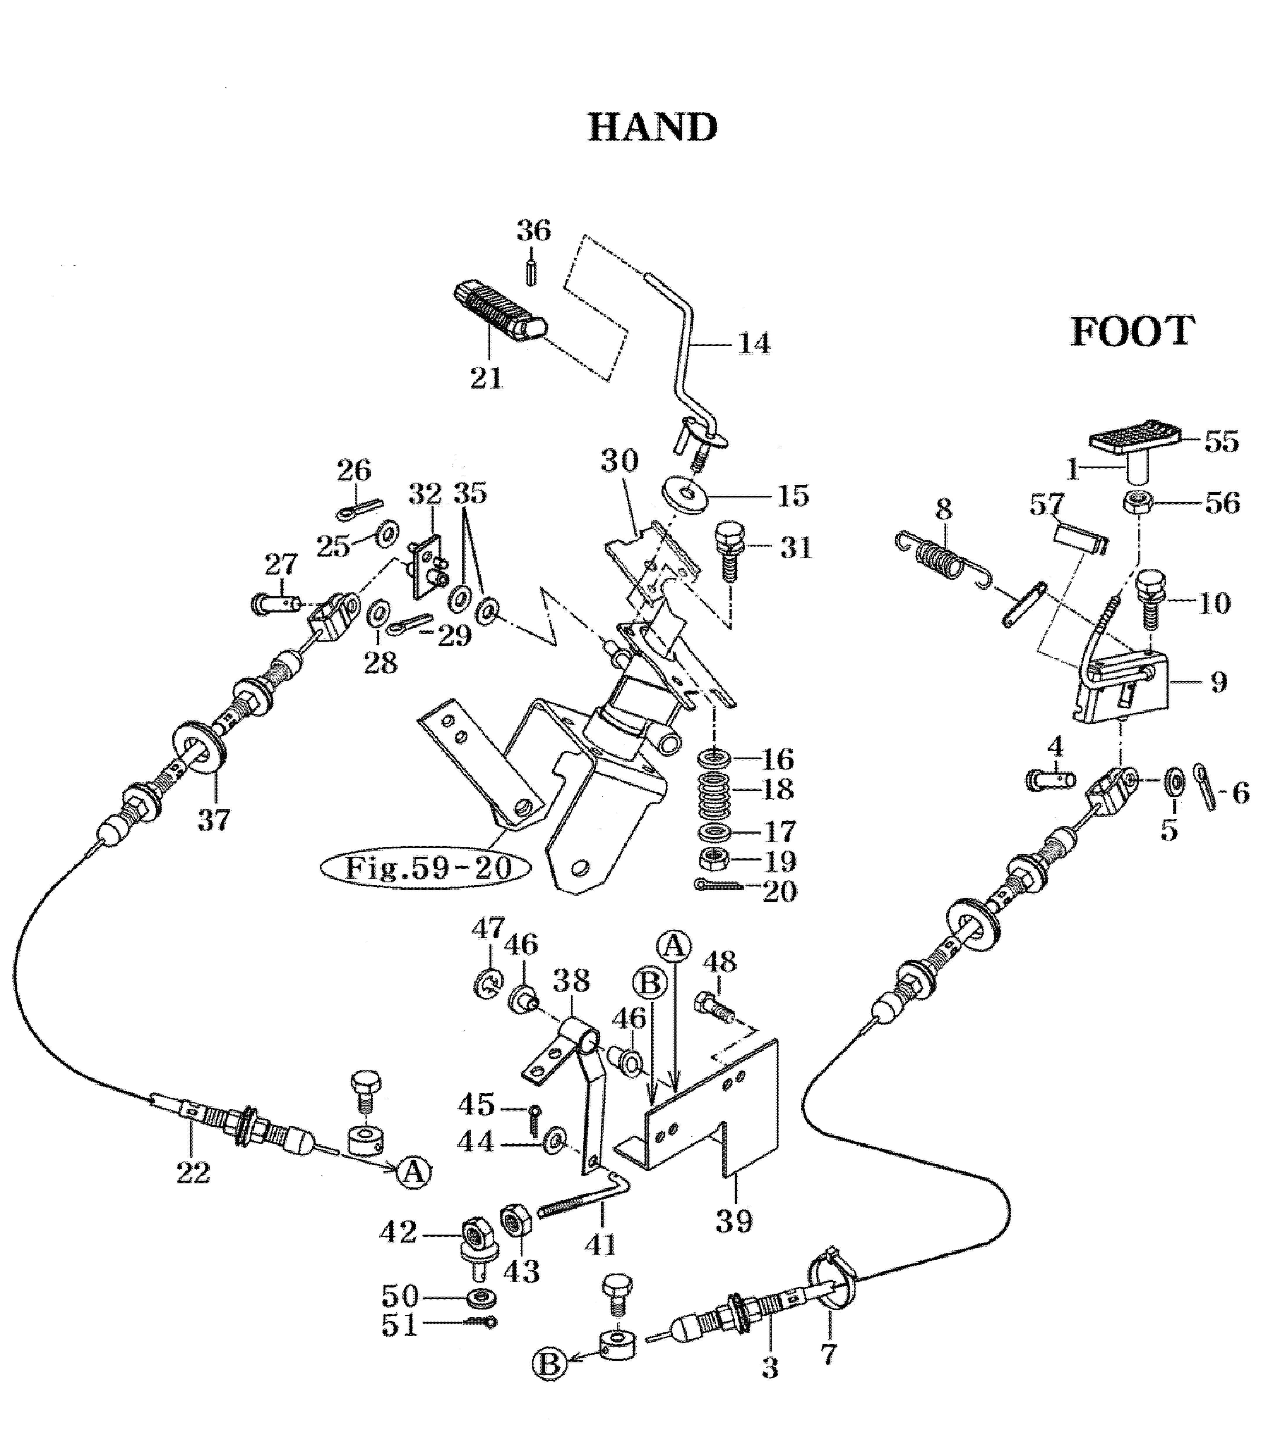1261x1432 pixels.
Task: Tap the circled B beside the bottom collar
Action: [550, 1381]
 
